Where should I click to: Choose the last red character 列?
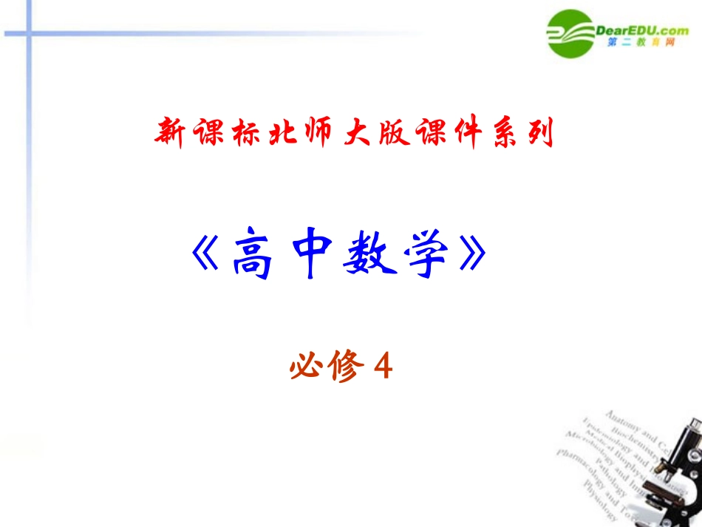pos(539,134)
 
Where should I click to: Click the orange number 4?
pos(381,364)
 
